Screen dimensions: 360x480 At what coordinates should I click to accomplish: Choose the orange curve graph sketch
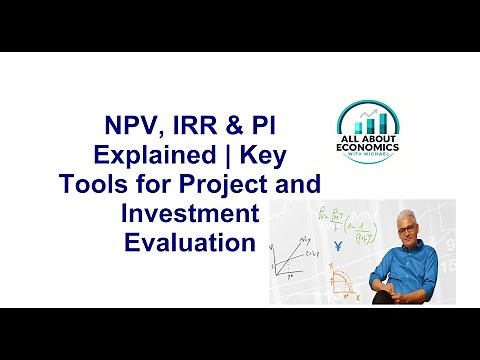[345, 280]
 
